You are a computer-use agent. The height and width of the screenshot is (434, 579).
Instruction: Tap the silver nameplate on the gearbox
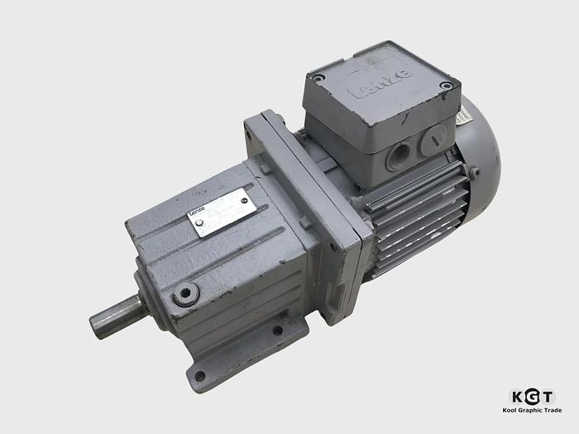pos(221,212)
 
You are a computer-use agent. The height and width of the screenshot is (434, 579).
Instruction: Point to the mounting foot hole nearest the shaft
pos(199,377)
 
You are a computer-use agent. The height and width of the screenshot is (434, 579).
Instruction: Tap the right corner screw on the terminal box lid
pos(447,85)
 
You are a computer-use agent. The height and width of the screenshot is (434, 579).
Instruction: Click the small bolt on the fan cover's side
pos(475,173)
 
